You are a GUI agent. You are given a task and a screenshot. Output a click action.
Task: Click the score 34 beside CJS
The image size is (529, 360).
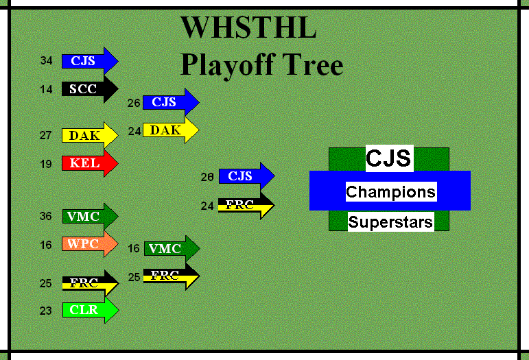46,61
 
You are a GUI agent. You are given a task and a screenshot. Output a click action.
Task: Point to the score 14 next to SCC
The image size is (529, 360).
46,89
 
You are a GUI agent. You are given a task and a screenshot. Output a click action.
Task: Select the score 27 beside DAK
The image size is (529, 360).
46,136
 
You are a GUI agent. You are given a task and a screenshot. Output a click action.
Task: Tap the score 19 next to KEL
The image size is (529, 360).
46,164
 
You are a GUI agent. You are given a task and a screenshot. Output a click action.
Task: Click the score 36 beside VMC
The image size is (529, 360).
46,217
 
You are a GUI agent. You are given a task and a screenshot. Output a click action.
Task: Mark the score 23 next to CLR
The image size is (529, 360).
46,311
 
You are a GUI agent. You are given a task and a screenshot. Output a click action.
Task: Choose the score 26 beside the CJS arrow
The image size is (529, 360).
134,103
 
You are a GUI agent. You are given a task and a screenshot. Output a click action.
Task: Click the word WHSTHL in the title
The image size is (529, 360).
248,29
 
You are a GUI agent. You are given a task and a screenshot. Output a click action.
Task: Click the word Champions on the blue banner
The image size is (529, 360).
390,191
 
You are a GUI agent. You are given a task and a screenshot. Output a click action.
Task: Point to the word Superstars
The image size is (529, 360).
390,222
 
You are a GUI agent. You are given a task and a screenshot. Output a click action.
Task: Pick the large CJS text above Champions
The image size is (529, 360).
388,158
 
